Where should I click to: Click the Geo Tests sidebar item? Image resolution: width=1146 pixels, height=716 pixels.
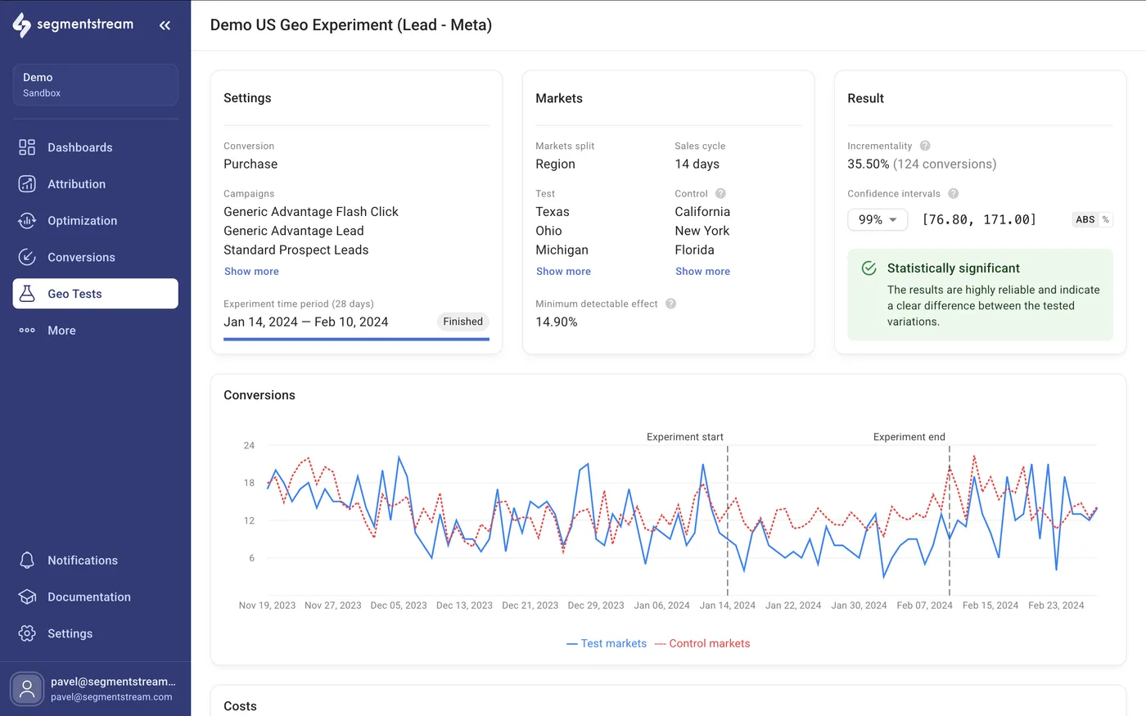pos(95,294)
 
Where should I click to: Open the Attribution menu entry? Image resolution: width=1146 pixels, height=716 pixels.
pos(76,184)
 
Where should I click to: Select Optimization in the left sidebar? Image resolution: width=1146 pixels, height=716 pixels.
pos(82,221)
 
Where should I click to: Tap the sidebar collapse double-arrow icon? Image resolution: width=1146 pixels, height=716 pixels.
pos(165,25)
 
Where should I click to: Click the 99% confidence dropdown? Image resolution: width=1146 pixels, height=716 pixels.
pos(878,219)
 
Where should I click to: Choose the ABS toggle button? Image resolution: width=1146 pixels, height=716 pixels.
pos(1085,219)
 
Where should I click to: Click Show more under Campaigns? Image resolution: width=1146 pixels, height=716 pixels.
pos(251,272)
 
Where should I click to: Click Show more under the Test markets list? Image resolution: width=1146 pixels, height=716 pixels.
pos(563,272)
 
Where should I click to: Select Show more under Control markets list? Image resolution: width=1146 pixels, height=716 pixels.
pos(702,272)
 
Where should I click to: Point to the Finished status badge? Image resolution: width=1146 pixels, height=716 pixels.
pos(462,322)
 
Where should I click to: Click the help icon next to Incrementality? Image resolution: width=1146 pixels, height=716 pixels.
pos(925,146)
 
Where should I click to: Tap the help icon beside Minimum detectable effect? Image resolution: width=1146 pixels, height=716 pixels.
pos(670,304)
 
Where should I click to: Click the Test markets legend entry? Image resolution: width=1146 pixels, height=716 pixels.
pos(607,644)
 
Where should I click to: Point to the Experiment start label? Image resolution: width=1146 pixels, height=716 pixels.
pos(684,437)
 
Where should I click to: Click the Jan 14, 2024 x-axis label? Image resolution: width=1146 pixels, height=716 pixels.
pos(727,606)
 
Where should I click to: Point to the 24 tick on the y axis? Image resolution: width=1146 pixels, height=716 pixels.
pos(249,446)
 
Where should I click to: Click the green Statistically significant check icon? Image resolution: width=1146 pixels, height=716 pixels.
pos(869,268)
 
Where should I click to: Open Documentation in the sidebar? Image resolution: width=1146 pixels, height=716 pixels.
pos(88,597)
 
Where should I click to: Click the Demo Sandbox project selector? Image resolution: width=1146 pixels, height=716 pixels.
pos(95,85)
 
